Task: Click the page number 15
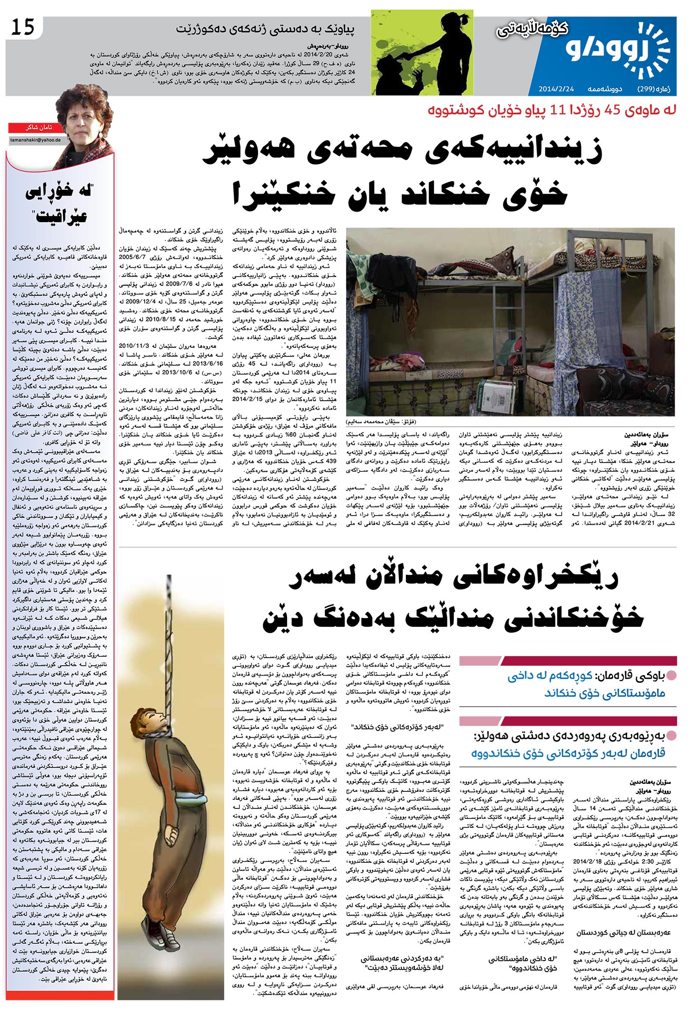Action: pos(23,26)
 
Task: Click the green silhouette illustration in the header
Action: pos(421,52)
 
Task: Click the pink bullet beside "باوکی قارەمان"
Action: pos(672,676)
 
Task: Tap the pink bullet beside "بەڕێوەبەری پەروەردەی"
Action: pos(672,735)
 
